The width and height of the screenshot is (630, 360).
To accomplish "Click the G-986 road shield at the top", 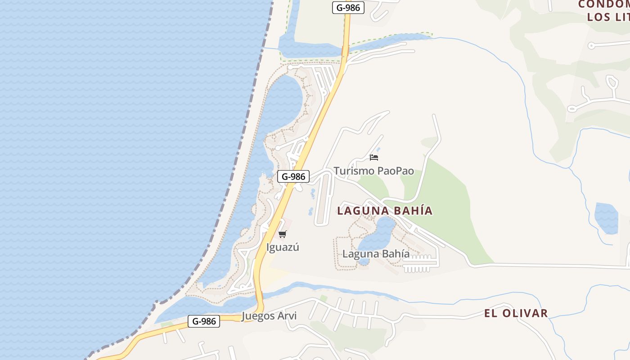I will point(348,8).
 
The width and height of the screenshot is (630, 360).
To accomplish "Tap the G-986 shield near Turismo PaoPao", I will point(293,176).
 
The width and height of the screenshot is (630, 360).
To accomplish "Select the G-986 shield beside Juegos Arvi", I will point(203,321).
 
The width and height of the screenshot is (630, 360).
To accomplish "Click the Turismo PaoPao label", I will point(373,171).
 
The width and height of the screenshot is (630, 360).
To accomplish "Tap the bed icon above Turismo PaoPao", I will point(373,157).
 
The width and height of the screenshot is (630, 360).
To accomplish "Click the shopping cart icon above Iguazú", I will point(282,234).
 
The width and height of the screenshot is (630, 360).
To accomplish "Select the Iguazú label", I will point(283,247).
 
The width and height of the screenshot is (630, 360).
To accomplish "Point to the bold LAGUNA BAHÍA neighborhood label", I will point(385,211).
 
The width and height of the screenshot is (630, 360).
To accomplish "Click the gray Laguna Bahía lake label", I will point(376,254).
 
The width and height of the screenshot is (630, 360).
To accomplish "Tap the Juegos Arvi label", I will point(269,316).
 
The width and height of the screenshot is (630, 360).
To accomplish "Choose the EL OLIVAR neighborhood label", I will point(516,313).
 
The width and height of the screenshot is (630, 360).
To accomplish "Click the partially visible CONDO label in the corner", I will point(603,4).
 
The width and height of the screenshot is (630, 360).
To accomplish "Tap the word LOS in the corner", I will point(598,18).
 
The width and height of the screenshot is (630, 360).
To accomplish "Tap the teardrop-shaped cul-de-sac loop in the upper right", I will point(612,83).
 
